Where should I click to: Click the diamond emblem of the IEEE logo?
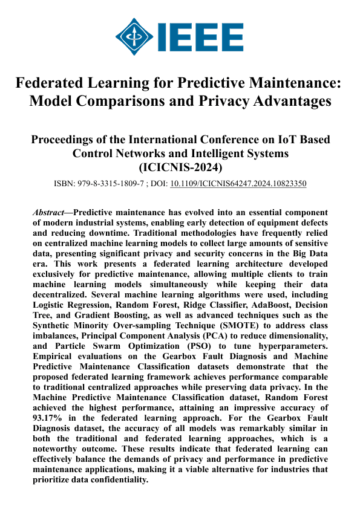134,36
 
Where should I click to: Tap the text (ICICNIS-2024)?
180,167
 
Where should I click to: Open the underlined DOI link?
238,183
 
